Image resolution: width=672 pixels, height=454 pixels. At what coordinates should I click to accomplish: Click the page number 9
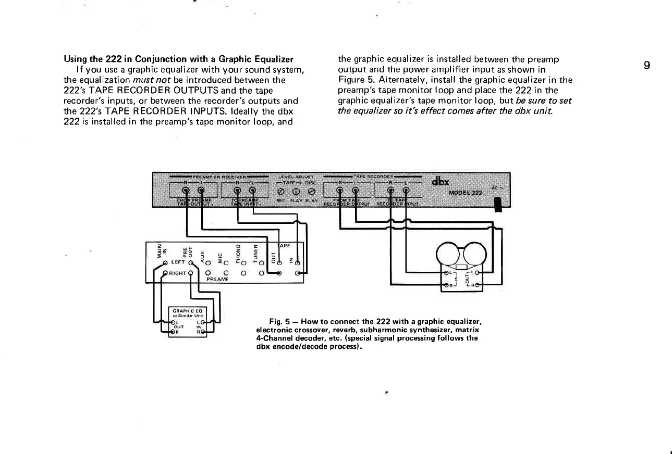[x=646, y=66]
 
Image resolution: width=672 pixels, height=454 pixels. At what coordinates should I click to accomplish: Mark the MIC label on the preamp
[x=220, y=253]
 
